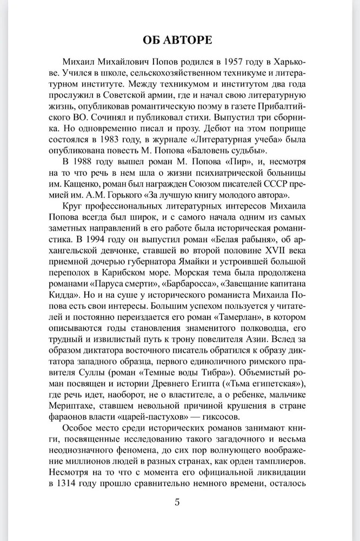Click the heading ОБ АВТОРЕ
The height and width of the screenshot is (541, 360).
(180, 40)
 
